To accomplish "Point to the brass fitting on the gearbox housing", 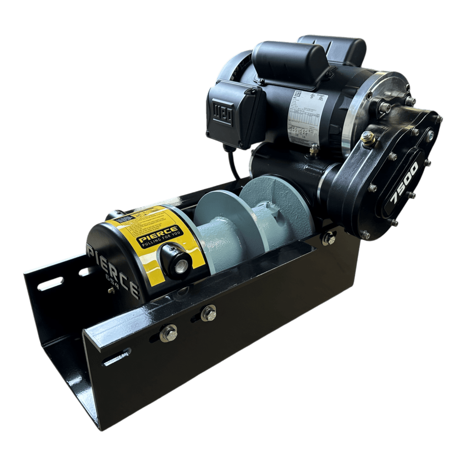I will point(367,137).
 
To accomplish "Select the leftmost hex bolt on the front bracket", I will point(169,333).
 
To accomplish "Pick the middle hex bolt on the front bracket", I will point(208,313).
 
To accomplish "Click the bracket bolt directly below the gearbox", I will point(329,238).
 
